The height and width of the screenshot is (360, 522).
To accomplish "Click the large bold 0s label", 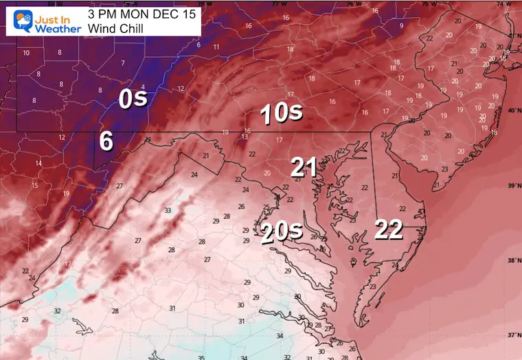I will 133,99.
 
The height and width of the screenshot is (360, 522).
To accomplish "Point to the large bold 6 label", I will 106,140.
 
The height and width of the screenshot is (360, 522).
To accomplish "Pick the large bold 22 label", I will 388,230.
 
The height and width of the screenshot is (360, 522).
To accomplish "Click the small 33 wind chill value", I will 168,210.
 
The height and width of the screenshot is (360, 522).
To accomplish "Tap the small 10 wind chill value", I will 26,53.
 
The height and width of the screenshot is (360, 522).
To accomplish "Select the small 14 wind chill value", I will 38,163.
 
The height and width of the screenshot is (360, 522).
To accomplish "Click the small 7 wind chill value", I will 123,63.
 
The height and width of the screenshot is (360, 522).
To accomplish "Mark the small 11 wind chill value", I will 216,47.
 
